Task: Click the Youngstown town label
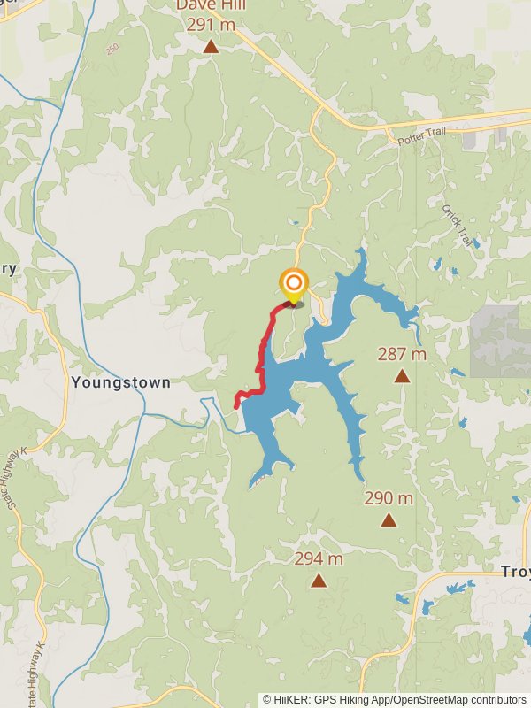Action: click(120, 383)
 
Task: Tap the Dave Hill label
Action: click(211, 5)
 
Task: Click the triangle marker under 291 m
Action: click(211, 46)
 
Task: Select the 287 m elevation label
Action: click(402, 354)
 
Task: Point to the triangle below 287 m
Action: click(402, 376)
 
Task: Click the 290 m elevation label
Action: click(389, 498)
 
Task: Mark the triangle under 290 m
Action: click(389, 520)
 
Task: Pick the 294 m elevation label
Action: click(319, 558)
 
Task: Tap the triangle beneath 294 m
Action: click(319, 581)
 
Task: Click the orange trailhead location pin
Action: click(294, 284)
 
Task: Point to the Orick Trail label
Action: click(459, 225)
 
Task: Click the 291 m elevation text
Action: click(211, 25)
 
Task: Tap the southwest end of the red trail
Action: click(236, 405)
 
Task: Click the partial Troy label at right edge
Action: click(516, 572)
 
